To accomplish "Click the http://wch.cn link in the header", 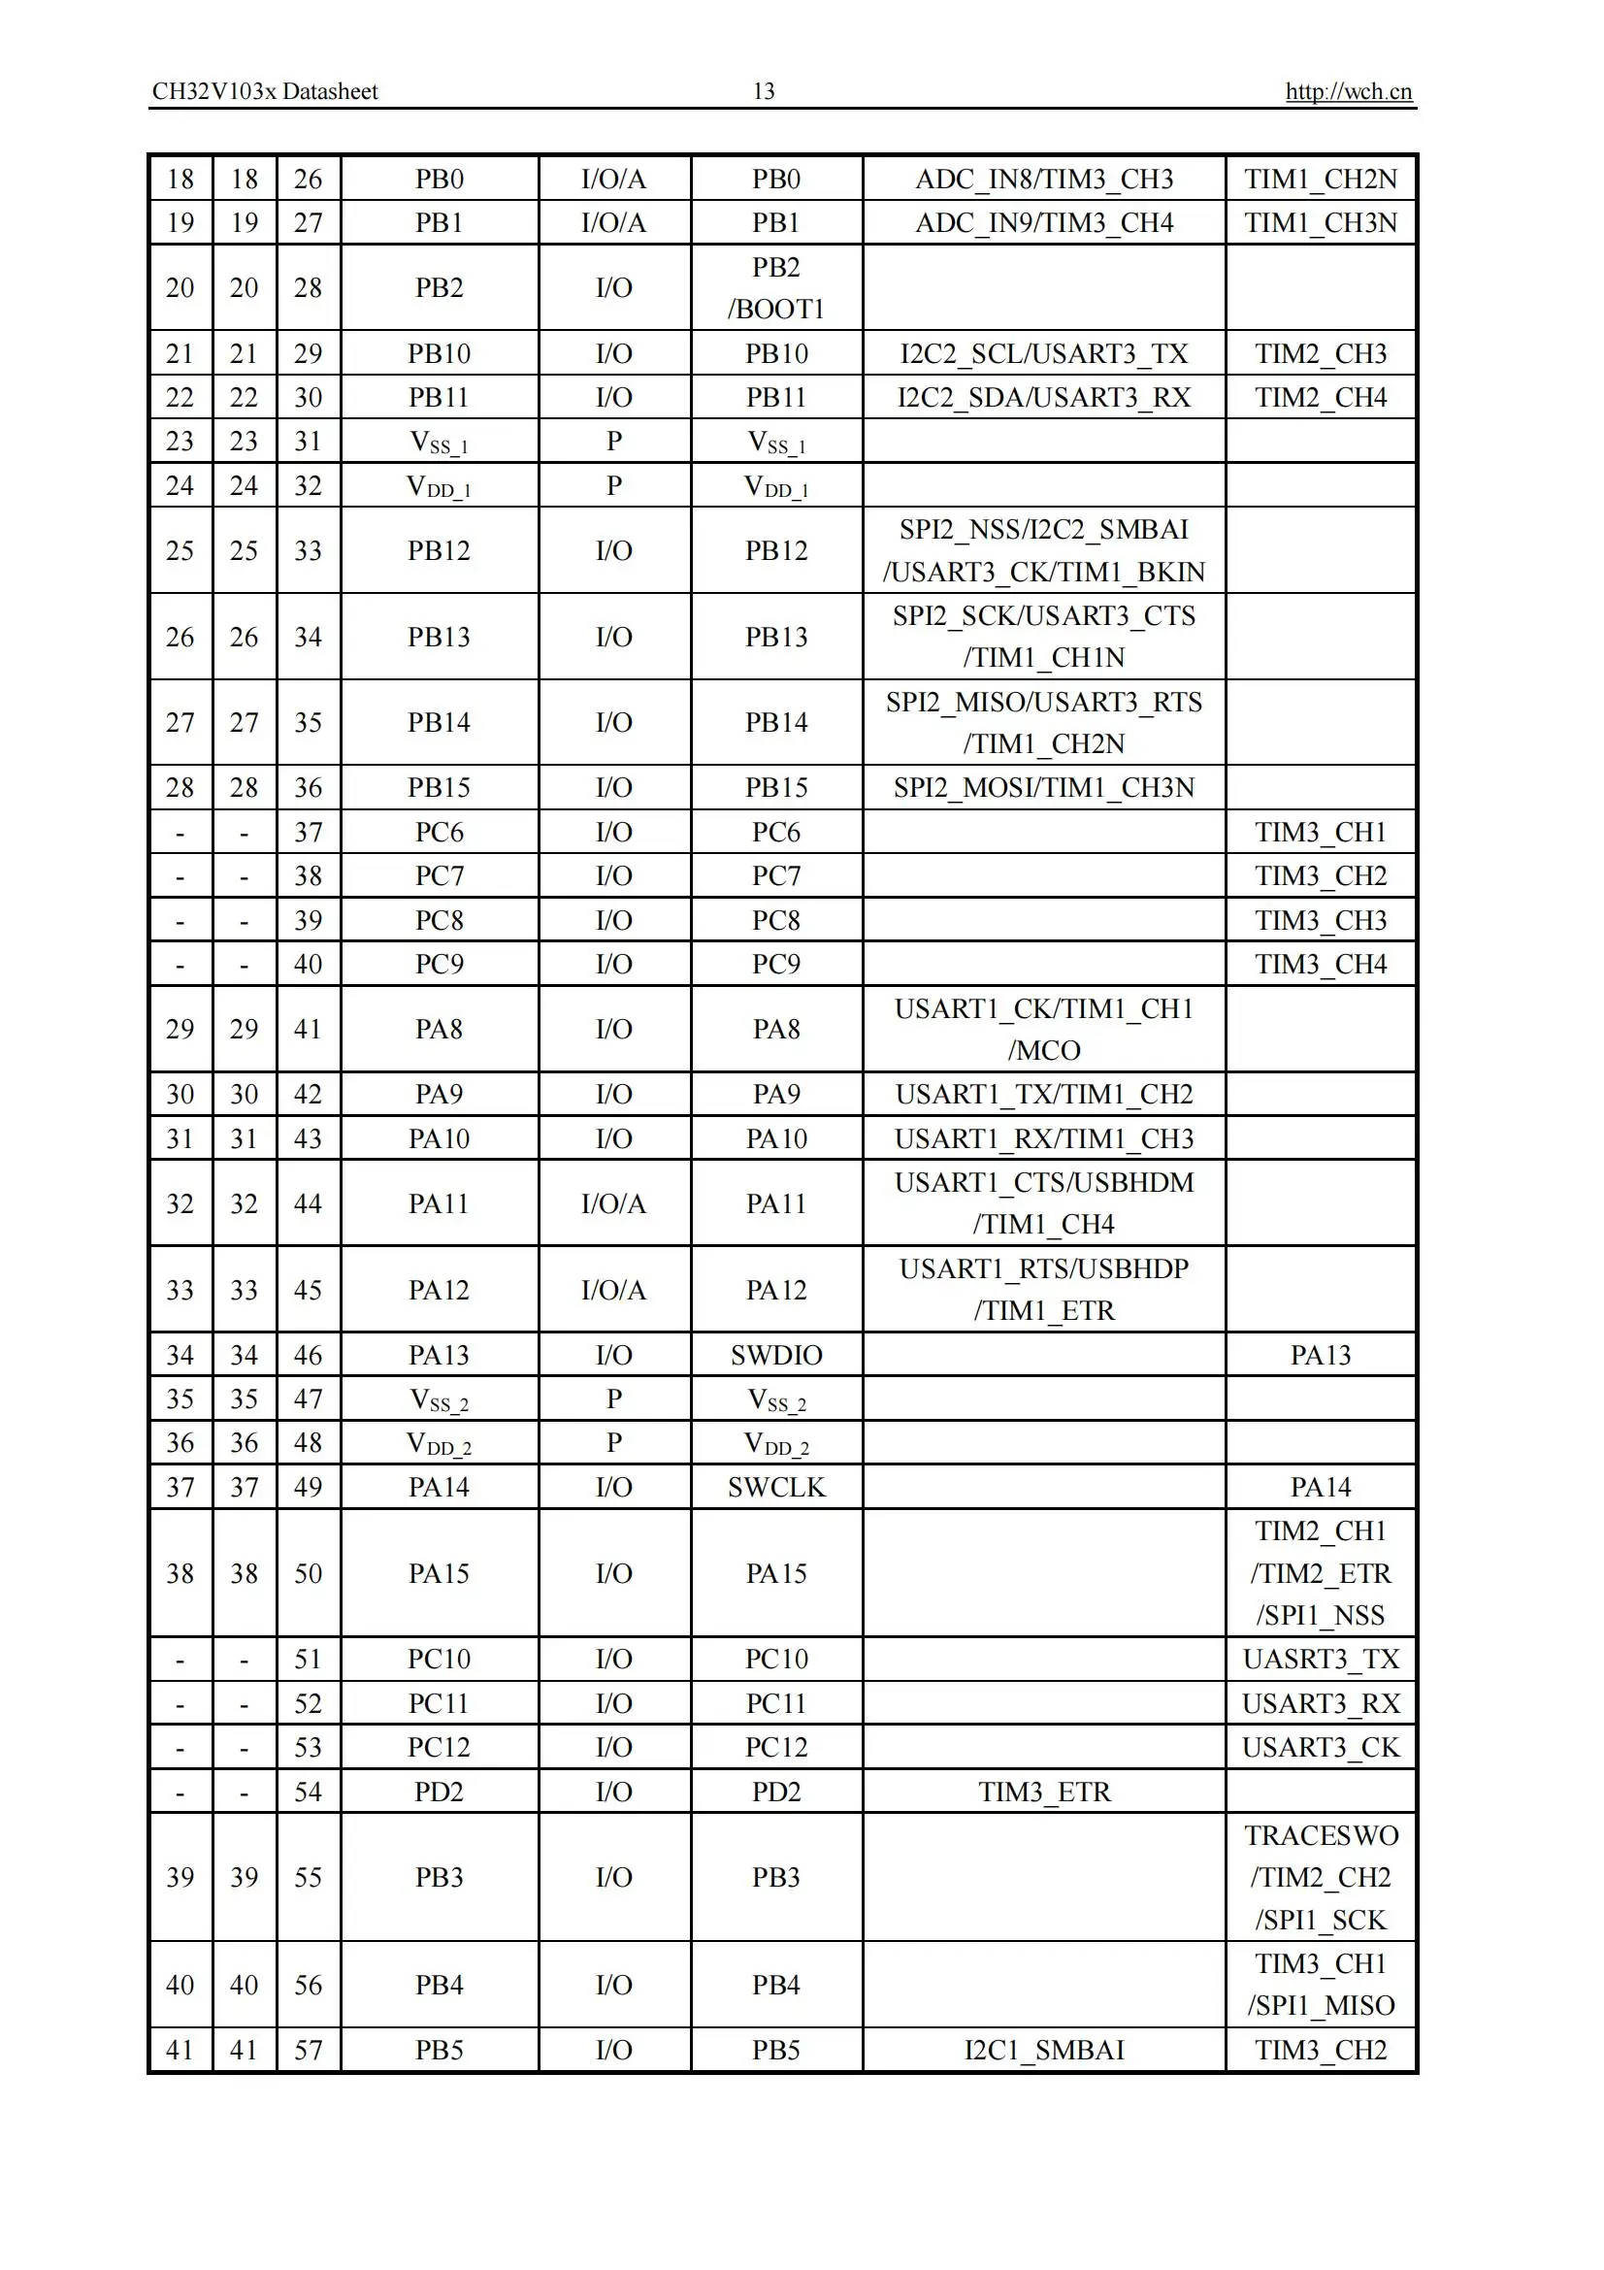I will click(1348, 92).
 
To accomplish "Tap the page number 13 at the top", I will click(763, 92).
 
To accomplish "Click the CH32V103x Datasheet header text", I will click(265, 92).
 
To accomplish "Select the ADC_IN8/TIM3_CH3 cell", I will click(1044, 179).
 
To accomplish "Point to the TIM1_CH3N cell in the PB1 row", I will click(1321, 222).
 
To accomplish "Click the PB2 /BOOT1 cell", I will click(776, 287).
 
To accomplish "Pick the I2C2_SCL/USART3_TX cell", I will click(1044, 353).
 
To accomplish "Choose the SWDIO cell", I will click(776, 1355).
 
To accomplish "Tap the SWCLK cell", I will click(776, 1487).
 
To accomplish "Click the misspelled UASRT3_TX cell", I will click(1321, 1659).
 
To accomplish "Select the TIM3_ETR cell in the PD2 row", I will click(1044, 1792).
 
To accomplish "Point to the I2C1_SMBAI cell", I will click(1044, 2050).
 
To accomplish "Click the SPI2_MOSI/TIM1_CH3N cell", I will click(1044, 787).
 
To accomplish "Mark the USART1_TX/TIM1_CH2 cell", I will click(1044, 1094).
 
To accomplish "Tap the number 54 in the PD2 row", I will click(309, 1792).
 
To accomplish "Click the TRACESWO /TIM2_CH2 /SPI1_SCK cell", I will click(1321, 1877).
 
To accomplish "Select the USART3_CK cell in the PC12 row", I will click(1321, 1747).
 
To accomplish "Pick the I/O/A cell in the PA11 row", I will click(613, 1203).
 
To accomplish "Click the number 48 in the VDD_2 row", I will click(309, 1442).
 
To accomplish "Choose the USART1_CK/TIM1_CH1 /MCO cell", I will click(1044, 1029).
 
